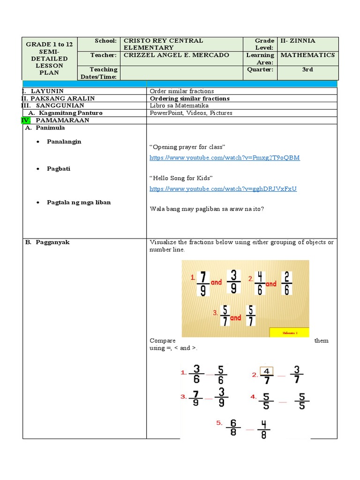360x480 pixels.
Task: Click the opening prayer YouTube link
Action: coord(224,158)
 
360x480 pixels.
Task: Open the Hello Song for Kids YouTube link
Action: coord(223,189)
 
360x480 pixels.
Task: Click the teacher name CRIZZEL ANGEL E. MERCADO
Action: coord(176,55)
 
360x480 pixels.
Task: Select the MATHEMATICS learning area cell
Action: coord(307,55)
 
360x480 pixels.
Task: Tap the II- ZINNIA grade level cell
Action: coord(298,41)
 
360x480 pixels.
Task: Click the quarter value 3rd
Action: coord(307,69)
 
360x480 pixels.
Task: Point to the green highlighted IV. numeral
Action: coord(26,120)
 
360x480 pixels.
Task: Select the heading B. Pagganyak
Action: coord(47,242)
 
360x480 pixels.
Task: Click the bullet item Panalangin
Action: coord(64,142)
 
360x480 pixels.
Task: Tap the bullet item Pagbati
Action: coord(59,169)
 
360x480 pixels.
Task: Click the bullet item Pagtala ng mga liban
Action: coord(79,202)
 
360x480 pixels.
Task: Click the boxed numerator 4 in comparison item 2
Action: coord(266,371)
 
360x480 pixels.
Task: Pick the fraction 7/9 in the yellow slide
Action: coord(202,283)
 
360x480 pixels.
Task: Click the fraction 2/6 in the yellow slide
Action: coord(287,283)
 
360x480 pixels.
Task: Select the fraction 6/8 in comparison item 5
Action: coord(233,428)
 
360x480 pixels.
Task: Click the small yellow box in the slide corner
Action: coord(289,332)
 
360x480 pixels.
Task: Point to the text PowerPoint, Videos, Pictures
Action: coord(191,113)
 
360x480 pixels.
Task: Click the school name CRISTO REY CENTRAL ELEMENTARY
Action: coord(163,44)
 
